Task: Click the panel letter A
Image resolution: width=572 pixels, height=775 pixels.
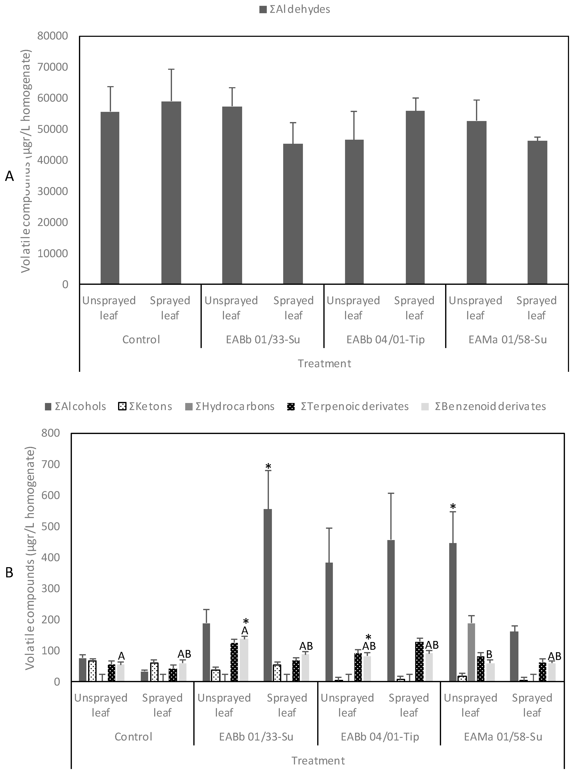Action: tap(9, 176)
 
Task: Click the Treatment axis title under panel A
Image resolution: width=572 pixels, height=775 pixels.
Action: tap(324, 363)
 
